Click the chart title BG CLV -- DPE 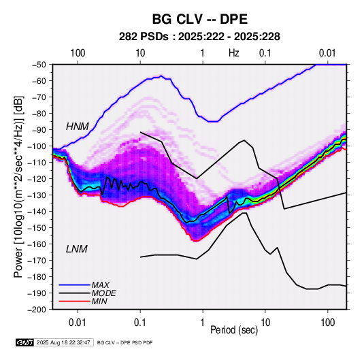(200, 19)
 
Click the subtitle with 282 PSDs (199, 37)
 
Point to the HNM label (78, 127)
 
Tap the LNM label (77, 249)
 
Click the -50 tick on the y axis (38, 65)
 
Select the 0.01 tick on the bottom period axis (78, 323)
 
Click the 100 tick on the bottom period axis (327, 323)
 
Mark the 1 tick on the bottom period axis (203, 323)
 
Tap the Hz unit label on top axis (234, 53)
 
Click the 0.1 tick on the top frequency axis (265, 53)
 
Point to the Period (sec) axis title (234, 330)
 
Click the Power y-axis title (18, 187)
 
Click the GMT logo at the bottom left (25, 342)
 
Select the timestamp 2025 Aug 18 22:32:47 (63, 342)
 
